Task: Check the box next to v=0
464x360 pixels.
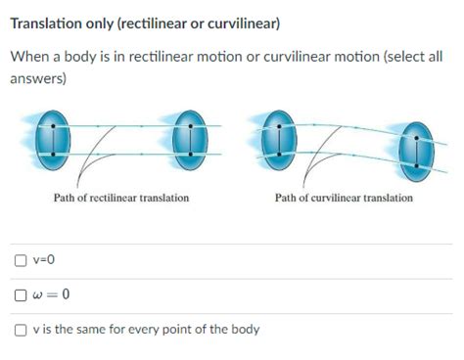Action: tap(21, 260)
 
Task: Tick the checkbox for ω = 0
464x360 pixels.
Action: tap(21, 294)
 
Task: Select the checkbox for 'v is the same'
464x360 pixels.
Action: tap(21, 330)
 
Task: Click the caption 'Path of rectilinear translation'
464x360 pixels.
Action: tap(121, 198)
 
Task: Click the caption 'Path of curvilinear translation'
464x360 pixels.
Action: tap(344, 198)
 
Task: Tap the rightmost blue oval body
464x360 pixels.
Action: tap(418, 148)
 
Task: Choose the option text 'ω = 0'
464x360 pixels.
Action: tap(51, 294)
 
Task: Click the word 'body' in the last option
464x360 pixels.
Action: tap(244, 330)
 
